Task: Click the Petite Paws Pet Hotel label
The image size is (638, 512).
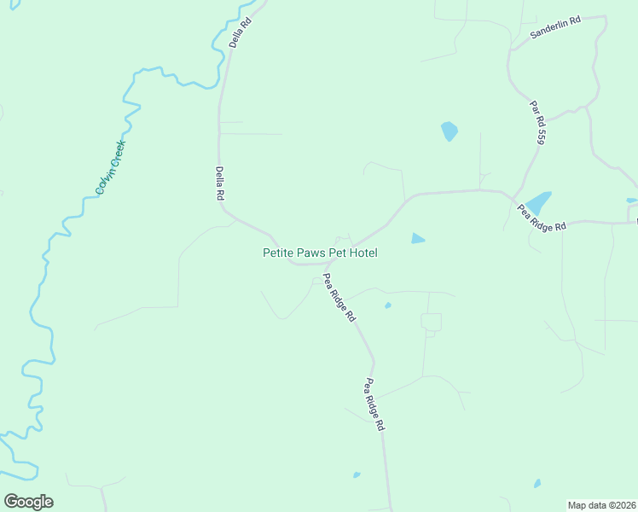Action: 319,253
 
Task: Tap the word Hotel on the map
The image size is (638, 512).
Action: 361,253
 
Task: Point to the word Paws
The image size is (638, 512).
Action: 312,253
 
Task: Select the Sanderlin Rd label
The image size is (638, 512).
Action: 554,26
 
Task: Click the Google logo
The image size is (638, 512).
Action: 29,502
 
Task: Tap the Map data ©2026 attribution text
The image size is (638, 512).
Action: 602,505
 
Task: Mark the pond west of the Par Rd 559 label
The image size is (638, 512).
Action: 449,131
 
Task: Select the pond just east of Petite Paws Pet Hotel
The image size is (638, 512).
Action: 417,239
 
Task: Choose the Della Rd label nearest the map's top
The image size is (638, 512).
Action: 239,32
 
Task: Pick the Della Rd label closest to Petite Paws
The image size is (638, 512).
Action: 220,183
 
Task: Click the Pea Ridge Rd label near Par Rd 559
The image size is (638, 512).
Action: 542,217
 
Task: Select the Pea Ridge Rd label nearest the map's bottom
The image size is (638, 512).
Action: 375,404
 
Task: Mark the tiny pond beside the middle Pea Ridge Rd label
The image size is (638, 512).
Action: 388,305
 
